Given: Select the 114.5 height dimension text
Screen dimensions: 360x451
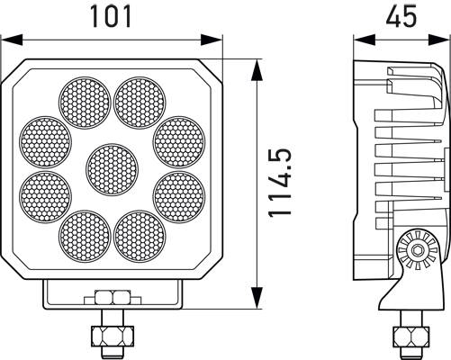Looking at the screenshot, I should tap(281, 184).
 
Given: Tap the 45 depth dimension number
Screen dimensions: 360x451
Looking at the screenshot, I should tap(399, 16).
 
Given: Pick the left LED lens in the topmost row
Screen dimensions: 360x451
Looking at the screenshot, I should tap(86, 101).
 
